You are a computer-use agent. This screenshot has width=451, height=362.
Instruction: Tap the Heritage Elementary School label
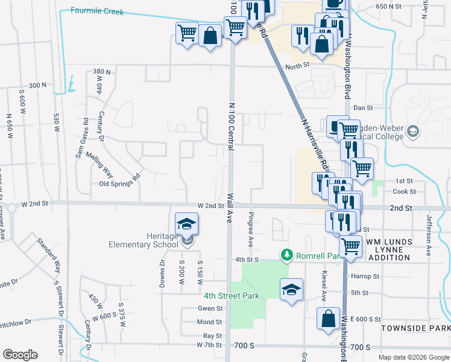tap(143, 240)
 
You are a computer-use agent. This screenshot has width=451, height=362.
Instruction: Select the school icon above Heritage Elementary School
tap(187, 224)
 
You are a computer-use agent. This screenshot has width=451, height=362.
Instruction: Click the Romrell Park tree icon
tap(288, 256)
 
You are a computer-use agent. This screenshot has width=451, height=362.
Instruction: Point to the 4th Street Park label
tap(231, 296)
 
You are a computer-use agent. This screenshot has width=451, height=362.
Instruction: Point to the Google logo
tap(20, 355)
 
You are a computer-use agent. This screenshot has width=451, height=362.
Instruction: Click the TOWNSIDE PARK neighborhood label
tap(415, 328)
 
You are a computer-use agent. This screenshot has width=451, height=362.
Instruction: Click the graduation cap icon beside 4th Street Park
tap(291, 290)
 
